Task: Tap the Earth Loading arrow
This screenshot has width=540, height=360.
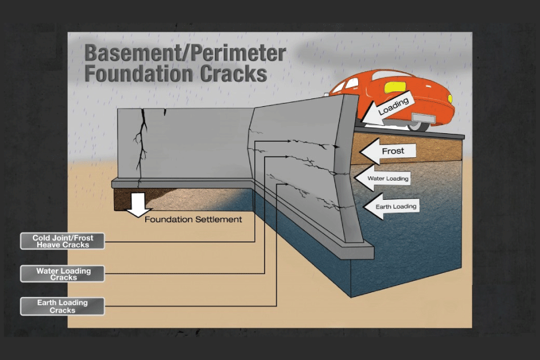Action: click(x=389, y=206)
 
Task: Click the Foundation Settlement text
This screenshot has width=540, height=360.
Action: click(x=193, y=220)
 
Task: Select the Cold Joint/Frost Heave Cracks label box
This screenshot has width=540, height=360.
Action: click(x=62, y=241)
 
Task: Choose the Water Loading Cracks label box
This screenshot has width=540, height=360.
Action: click(x=62, y=274)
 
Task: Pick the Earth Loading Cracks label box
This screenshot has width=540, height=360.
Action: click(x=62, y=306)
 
